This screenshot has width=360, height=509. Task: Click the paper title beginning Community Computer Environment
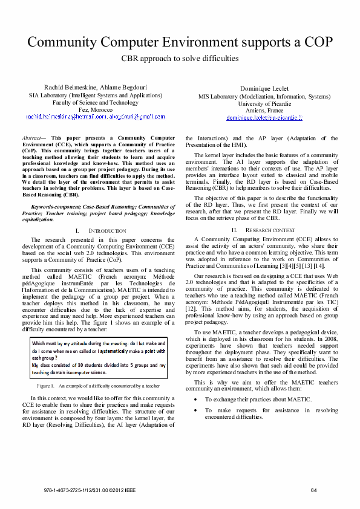pyautogui.click(x=180, y=42)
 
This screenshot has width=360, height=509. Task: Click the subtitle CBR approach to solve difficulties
pyautogui.click(x=180, y=59)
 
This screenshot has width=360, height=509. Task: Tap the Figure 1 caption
pyautogui.click(x=97, y=385)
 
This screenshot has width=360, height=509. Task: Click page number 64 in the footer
pyautogui.click(x=313, y=490)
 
